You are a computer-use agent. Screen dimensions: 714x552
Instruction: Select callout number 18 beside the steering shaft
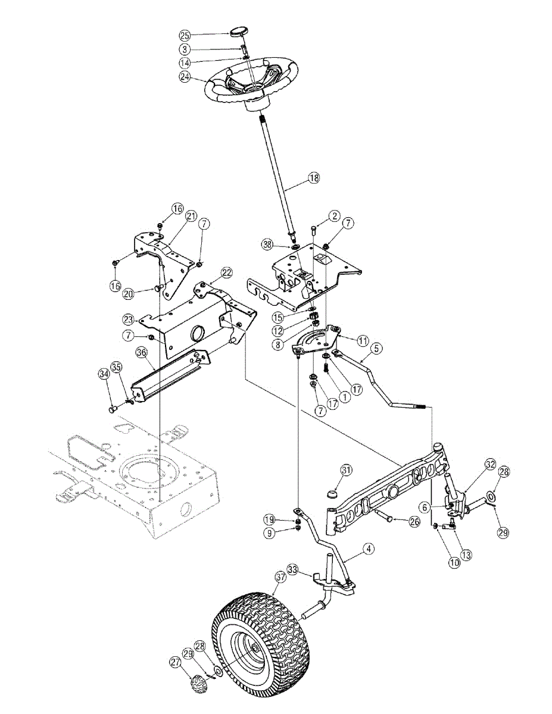(x=314, y=177)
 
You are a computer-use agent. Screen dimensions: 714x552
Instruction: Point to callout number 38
(x=269, y=244)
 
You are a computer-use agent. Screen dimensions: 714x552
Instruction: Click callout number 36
(x=141, y=352)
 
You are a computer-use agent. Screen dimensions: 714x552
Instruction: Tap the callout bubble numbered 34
(x=104, y=374)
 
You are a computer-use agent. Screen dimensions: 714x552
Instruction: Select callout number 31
(x=347, y=470)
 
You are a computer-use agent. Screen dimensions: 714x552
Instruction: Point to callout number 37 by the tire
(x=280, y=576)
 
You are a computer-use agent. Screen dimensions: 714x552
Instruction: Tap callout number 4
(x=369, y=550)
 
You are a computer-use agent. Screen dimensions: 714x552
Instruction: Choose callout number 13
(x=466, y=555)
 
